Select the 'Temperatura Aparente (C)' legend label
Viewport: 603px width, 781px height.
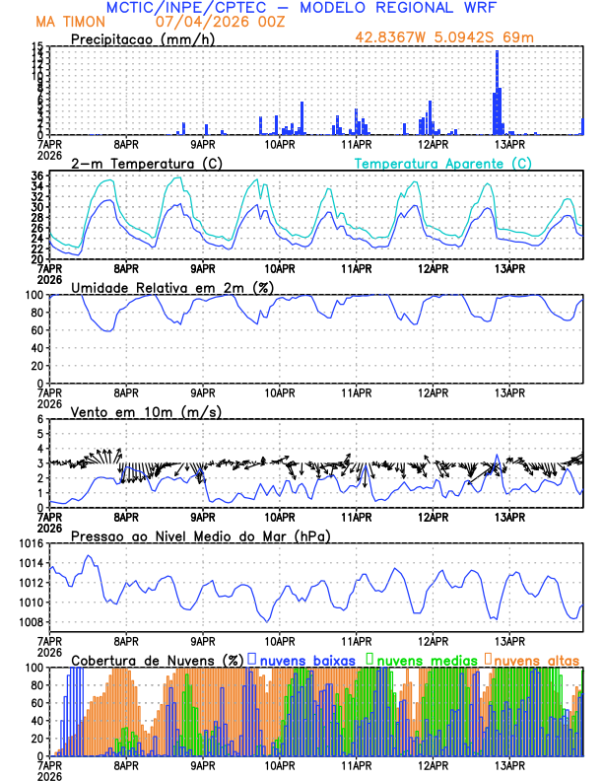pos(443,163)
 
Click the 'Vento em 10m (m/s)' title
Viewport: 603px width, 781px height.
pos(132,411)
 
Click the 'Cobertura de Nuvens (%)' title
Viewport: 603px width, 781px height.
pos(157,659)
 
